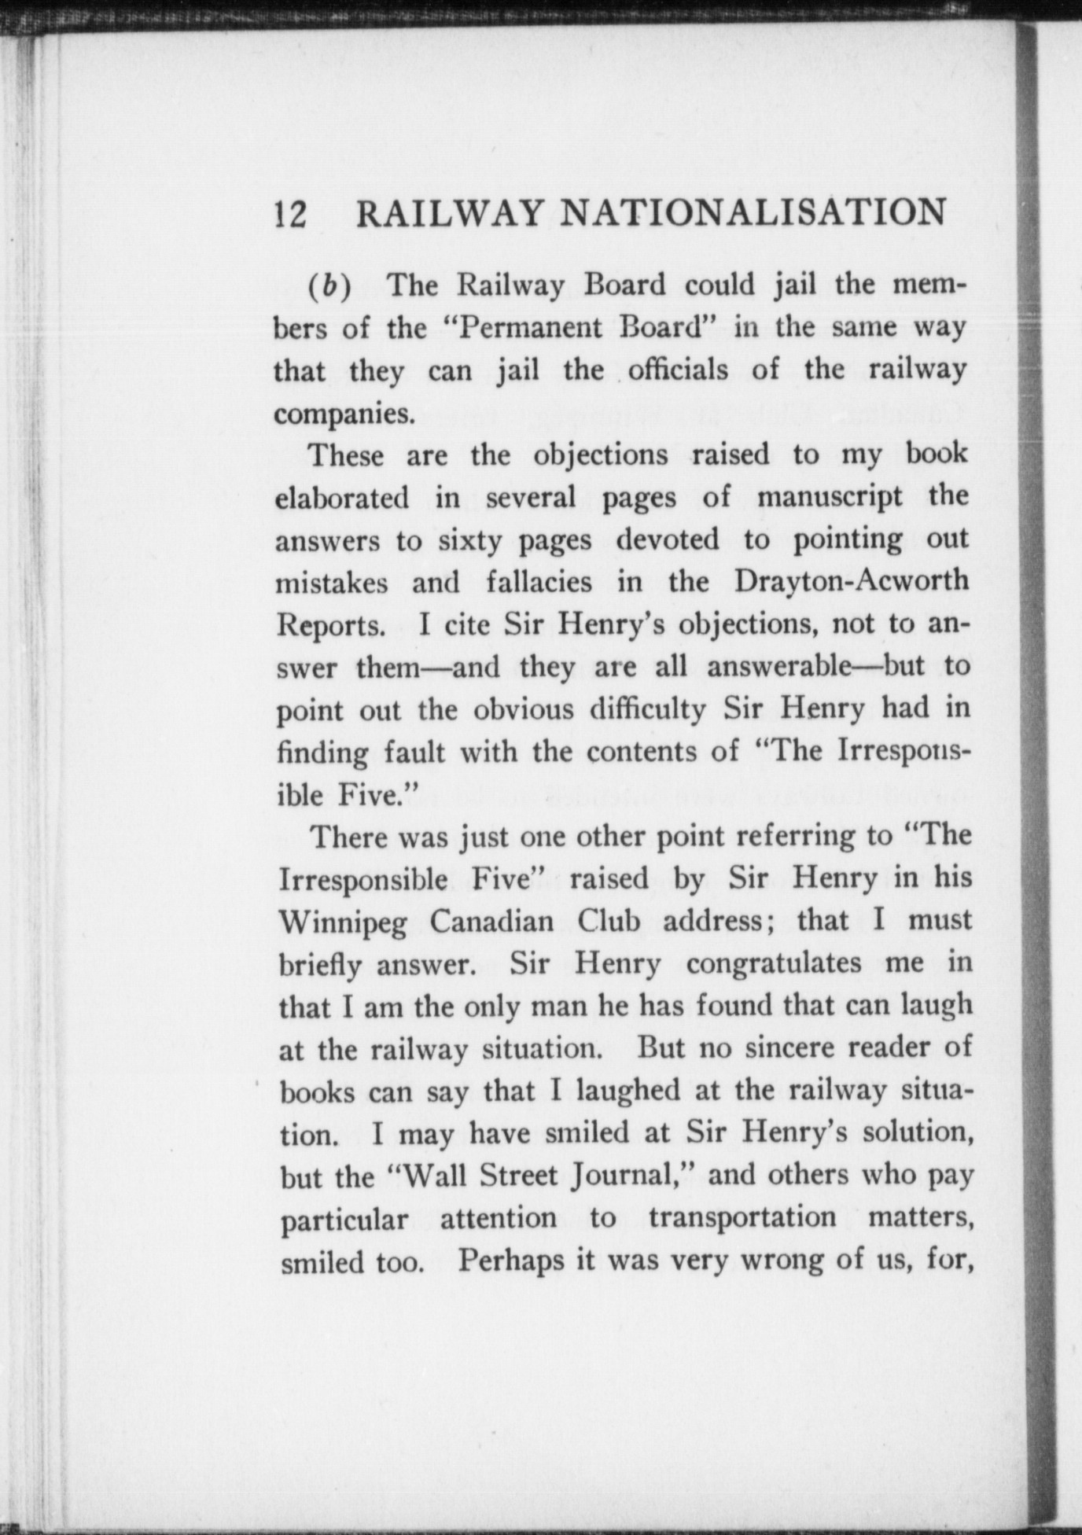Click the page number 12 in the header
click(x=290, y=213)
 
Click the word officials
click(x=678, y=370)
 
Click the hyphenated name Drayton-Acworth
click(x=851, y=582)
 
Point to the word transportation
click(x=742, y=1218)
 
